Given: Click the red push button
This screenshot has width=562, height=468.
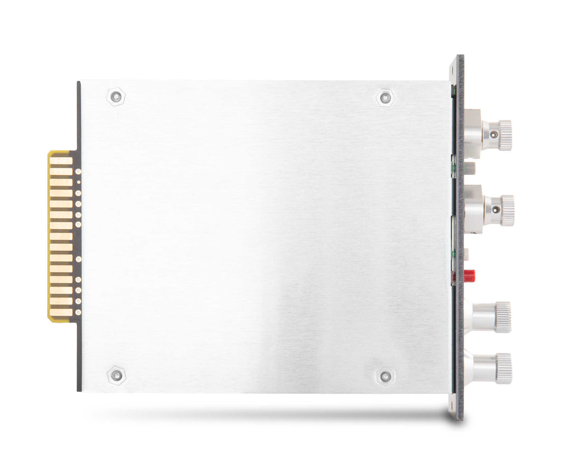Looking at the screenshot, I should pos(469,274).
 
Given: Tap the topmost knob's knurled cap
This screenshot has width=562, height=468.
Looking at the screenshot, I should pos(504,135).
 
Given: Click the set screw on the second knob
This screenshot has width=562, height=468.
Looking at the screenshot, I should pos(496,208).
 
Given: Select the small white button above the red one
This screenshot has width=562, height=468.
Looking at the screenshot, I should pos(467,255).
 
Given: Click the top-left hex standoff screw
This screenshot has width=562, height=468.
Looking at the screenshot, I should pos(115,97).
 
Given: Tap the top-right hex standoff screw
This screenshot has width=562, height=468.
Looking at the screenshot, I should pos(386,98).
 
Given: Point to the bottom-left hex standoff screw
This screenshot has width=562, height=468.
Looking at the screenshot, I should pos(116,375).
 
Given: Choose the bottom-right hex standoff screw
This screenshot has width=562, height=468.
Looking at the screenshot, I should pos(386,376).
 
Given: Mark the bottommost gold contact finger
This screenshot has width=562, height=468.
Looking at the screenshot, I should pos(61,312).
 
